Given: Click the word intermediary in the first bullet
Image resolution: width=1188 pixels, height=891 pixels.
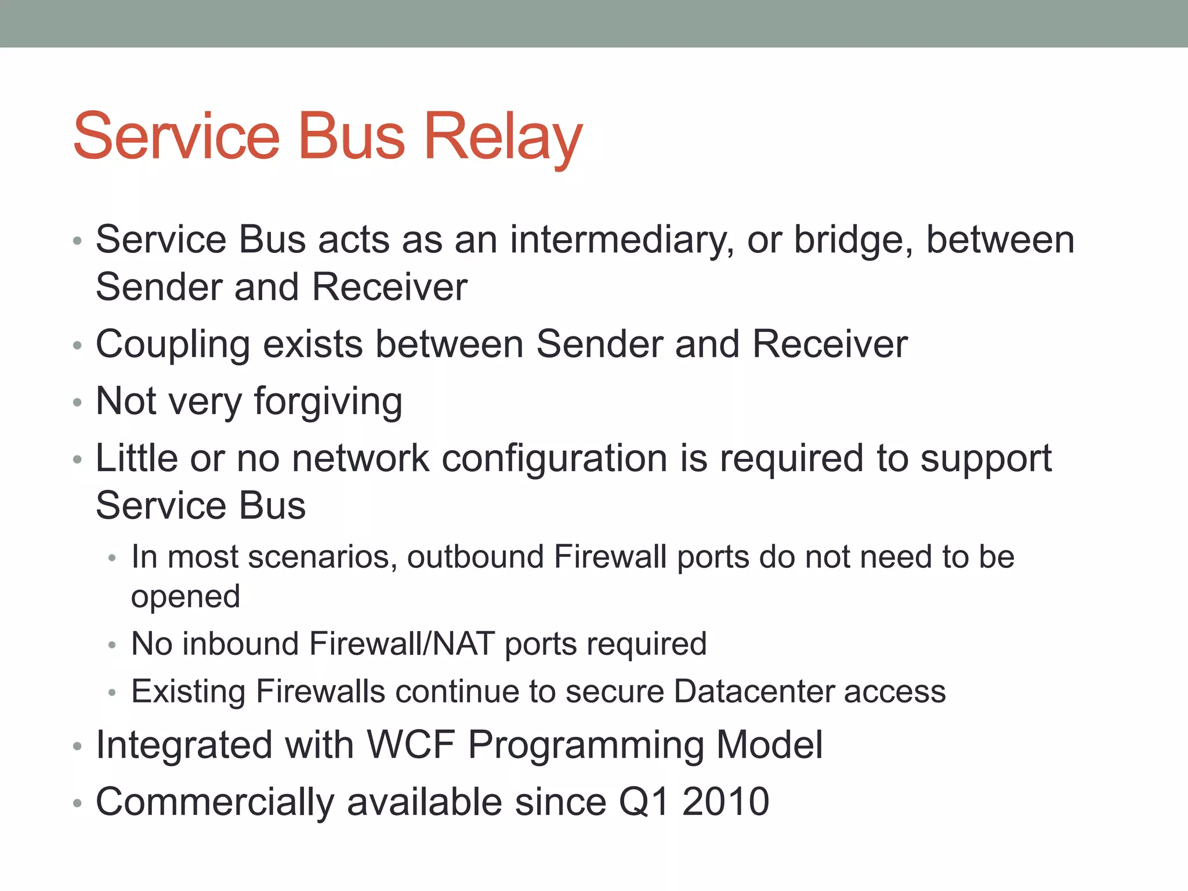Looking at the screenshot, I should pyautogui.click(x=621, y=240).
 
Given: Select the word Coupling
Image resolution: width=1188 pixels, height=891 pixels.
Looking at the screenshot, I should pyautogui.click(x=172, y=345).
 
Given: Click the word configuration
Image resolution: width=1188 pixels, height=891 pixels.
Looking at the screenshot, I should pyautogui.click(x=555, y=458).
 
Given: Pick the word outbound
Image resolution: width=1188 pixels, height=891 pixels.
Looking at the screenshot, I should pyautogui.click(x=475, y=557).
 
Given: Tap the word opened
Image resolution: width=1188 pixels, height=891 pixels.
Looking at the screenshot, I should pyautogui.click(x=186, y=597).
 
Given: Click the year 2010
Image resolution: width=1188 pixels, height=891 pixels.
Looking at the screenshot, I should pyautogui.click(x=726, y=802).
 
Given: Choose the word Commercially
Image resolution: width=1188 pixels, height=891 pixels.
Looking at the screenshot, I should pyautogui.click(x=215, y=802).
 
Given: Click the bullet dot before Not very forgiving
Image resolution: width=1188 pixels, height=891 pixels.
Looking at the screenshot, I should pyautogui.click(x=78, y=403).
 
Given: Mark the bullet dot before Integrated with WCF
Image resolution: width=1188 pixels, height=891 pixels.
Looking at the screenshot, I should pyautogui.click(x=78, y=747).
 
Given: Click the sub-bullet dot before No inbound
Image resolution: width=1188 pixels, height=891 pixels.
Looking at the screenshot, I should pyautogui.click(x=113, y=646).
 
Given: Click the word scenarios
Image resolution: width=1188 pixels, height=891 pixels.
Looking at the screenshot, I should pyautogui.click(x=323, y=557).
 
